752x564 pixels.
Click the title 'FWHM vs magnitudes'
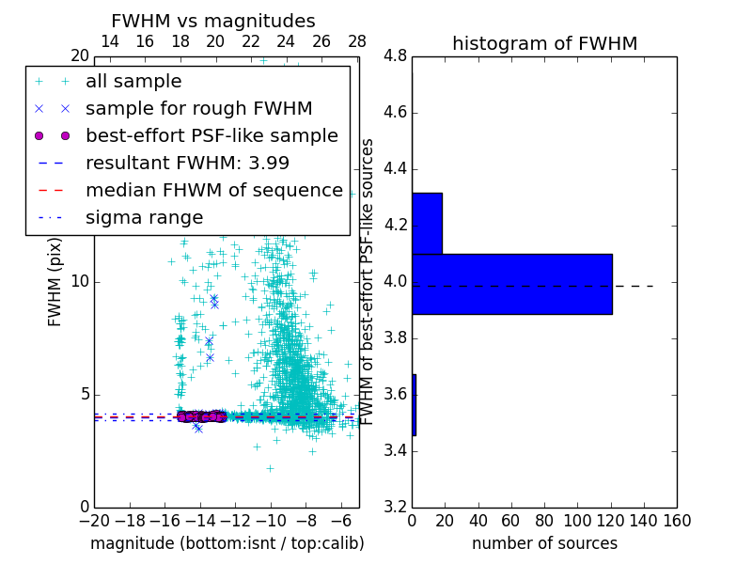point(213,21)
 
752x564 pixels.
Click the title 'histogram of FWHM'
point(544,43)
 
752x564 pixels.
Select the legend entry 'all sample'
point(133,82)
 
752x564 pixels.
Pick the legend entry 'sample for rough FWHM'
point(198,109)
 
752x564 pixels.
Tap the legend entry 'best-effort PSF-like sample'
point(211,136)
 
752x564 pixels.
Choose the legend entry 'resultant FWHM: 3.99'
point(187,164)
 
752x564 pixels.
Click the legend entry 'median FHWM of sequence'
point(213,191)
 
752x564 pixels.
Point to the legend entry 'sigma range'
point(144,218)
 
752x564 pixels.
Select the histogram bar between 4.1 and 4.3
point(427,224)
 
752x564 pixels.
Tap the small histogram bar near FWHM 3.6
point(414,405)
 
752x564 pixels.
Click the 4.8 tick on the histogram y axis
point(395,56)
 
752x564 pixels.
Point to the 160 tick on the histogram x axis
point(677,521)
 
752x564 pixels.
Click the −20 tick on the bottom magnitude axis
point(94,521)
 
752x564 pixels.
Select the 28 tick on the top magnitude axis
point(357,41)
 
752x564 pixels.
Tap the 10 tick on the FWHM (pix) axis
point(79,282)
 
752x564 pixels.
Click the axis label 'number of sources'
point(544,543)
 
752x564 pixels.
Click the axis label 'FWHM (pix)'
point(55,282)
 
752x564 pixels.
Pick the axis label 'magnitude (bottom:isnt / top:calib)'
point(227,543)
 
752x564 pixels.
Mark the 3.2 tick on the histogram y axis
point(395,507)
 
